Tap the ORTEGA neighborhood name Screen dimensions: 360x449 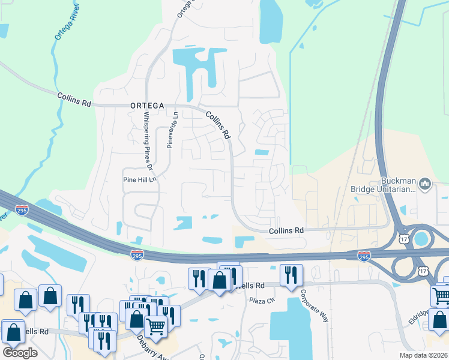tap(147, 105)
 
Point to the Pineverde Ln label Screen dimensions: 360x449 tap(170, 130)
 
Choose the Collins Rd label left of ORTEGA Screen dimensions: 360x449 tap(74, 99)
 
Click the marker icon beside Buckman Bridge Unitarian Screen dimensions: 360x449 tap(426, 182)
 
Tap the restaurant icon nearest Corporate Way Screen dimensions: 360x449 tap(291, 275)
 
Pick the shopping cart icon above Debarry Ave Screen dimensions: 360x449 tap(156, 327)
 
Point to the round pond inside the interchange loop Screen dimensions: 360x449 tap(422, 239)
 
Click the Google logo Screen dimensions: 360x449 tap(20, 352)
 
